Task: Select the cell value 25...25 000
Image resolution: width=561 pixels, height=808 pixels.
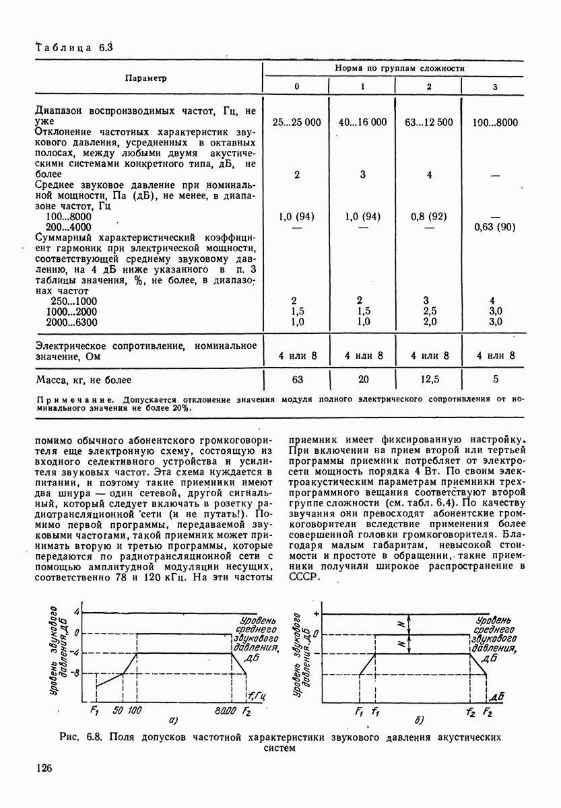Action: tap(296, 122)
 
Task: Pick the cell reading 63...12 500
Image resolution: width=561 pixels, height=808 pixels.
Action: tap(429, 122)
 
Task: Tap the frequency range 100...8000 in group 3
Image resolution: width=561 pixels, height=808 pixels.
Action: tap(495, 122)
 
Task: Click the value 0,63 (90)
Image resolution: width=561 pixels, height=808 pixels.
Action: tap(495, 227)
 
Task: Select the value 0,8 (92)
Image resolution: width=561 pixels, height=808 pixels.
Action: tap(429, 216)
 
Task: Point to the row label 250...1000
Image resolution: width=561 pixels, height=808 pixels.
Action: tap(74, 300)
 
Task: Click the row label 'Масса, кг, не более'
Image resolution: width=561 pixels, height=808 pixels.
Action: tap(84, 380)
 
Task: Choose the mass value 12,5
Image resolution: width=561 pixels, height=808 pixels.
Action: tap(429, 380)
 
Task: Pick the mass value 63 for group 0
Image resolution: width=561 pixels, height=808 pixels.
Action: tap(296, 380)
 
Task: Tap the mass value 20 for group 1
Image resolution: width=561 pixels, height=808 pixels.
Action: tap(362, 380)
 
